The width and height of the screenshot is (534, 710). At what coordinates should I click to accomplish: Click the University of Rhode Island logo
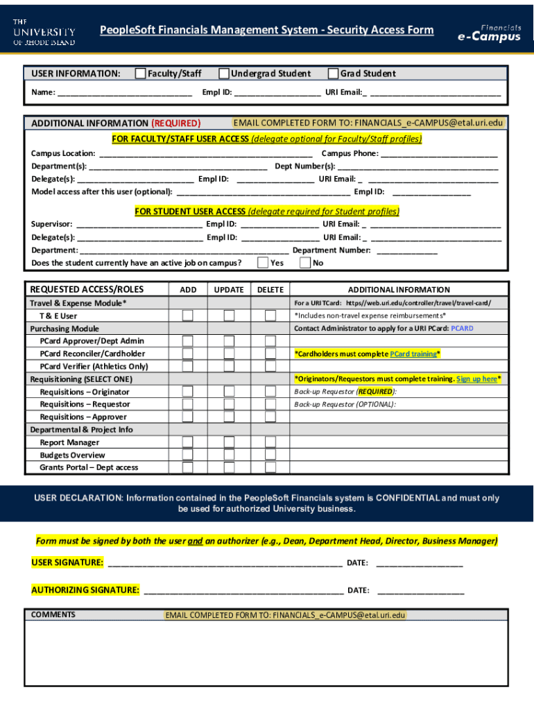pos(44,32)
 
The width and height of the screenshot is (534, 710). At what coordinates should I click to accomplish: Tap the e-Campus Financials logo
pos(489,33)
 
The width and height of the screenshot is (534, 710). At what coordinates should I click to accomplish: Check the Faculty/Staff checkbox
pos(141,73)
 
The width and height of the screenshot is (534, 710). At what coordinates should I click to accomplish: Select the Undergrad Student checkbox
pos(224,73)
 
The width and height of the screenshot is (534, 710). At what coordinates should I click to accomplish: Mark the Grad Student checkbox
pos(334,73)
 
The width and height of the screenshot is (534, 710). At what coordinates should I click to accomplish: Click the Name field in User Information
pos(125,92)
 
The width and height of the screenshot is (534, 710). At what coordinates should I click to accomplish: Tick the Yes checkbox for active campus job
pos(263,263)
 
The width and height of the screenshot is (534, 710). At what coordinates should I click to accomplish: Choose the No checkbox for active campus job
pos(305,263)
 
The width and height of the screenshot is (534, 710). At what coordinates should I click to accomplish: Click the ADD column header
pos(188,290)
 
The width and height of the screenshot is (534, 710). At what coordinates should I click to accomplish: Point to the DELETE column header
pos(270,290)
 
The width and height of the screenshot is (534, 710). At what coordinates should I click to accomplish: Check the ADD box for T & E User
pos(188,316)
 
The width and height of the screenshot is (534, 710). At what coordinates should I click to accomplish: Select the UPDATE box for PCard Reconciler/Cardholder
pos(229,354)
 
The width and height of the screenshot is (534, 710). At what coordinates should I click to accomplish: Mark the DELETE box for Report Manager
pos(270,442)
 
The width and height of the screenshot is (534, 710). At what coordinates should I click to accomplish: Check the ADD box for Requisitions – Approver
pos(188,417)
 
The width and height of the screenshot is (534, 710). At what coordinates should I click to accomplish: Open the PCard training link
pos(413,354)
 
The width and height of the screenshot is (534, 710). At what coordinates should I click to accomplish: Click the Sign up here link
pos(476,379)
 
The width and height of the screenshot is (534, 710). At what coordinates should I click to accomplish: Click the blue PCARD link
pos(462,329)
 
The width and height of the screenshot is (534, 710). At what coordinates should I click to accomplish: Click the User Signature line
pos(225,562)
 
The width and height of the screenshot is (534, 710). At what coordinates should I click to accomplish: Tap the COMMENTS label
pos(53,615)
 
